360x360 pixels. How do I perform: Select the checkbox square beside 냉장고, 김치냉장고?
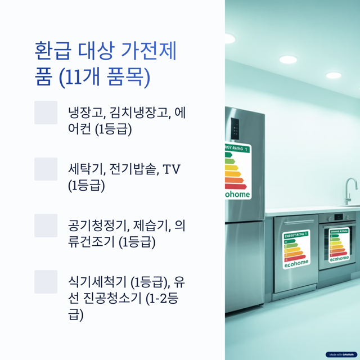click(46, 112)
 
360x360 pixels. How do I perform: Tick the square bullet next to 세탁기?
click(46, 169)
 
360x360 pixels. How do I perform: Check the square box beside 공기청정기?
click(46, 225)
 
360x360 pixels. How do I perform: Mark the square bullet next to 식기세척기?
click(46, 281)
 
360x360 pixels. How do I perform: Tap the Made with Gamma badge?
click(341, 354)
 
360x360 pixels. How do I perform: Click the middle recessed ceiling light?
click(288, 60)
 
